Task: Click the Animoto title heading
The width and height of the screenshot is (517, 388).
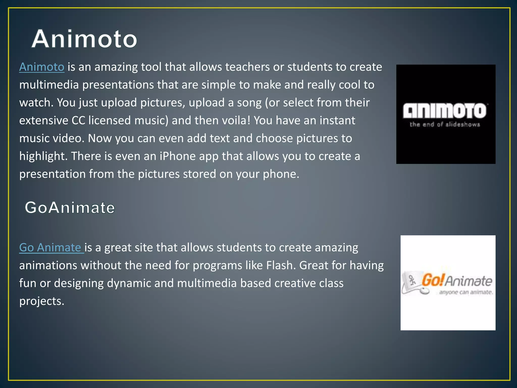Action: (84, 39)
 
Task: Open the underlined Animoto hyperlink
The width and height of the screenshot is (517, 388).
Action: (42, 67)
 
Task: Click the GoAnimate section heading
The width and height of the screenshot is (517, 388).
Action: (70, 208)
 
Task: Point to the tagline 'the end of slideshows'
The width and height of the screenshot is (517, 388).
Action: (445, 124)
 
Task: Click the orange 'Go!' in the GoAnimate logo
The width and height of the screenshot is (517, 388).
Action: (432, 280)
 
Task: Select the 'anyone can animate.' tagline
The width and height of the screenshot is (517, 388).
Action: (466, 292)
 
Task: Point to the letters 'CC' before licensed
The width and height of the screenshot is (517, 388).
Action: (78, 120)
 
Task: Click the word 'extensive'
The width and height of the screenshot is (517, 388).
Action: (44, 120)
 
